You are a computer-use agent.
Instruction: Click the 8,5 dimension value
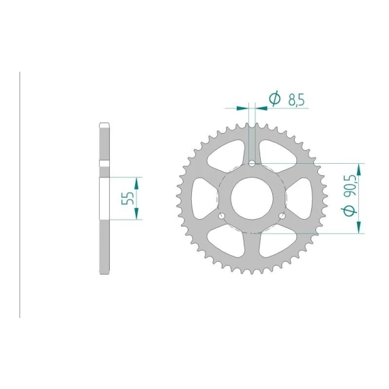pos(296,100)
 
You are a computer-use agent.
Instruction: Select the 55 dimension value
pos(128,198)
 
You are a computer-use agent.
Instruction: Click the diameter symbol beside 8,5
pos(275,99)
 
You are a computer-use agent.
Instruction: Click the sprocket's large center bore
pos(252,198)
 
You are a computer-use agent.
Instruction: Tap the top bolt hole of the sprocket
pos(252,163)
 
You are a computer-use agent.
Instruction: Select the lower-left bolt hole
pos(222,216)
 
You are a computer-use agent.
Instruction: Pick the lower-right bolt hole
pos(282,216)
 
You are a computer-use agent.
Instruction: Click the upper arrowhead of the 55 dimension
pos(136,183)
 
